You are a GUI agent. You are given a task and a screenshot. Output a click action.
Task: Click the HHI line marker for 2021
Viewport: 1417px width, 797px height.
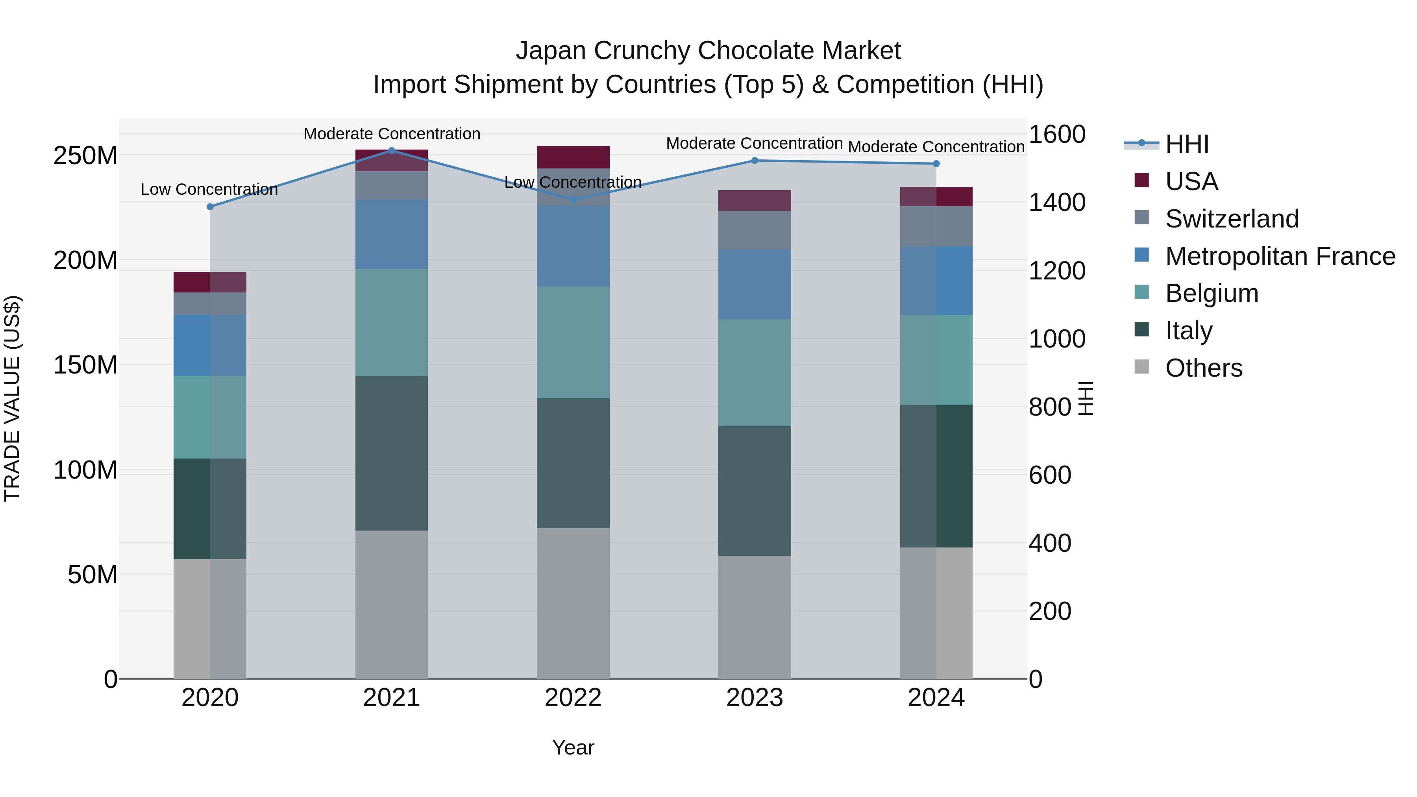[x=392, y=150]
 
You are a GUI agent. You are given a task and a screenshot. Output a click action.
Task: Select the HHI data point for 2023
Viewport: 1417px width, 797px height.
[x=755, y=161]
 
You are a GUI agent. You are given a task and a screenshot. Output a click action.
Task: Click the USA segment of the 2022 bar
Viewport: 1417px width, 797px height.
[x=573, y=157]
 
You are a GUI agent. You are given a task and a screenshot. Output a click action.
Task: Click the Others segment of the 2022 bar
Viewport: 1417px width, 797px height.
[x=573, y=603]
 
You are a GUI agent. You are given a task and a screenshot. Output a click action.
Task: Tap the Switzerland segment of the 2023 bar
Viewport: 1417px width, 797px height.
[x=754, y=230]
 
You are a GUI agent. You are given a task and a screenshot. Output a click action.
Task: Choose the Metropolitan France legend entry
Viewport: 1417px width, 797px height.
[x=1280, y=256]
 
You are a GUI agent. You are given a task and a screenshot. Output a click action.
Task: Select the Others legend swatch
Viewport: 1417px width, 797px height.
[x=1142, y=367]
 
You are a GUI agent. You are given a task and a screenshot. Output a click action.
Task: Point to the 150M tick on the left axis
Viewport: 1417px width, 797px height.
[x=85, y=365]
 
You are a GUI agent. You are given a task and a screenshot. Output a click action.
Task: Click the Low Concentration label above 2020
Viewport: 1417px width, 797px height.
[x=209, y=189]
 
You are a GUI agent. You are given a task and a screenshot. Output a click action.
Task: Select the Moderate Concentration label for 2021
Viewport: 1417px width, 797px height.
[x=392, y=134]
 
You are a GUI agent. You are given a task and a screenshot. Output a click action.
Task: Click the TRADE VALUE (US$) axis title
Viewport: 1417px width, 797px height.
[x=12, y=398]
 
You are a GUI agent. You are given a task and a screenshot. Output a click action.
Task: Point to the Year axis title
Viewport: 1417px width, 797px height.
[x=573, y=747]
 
